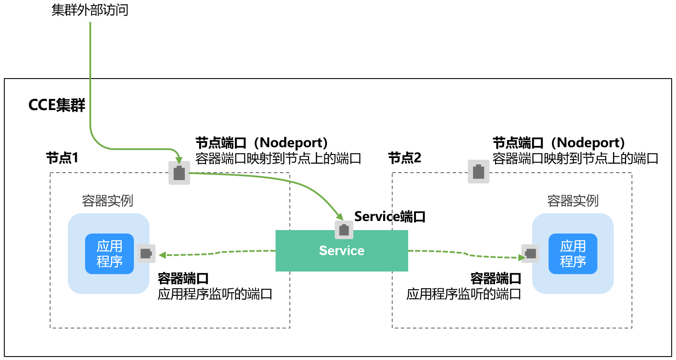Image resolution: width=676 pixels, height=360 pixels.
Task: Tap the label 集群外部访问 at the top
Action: [90, 9]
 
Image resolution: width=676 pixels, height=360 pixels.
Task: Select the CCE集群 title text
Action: [57, 105]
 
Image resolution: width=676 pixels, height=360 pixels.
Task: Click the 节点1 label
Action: [62, 158]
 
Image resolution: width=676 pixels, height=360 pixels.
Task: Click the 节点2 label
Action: [404, 158]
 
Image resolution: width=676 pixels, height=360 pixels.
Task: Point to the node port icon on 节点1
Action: [179, 173]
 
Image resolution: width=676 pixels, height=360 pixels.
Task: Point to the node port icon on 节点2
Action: [479, 172]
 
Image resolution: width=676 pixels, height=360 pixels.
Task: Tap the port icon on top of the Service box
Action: [344, 230]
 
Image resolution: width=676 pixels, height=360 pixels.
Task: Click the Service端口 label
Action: [390, 216]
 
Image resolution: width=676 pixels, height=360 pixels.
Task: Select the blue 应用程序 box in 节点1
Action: [109, 254]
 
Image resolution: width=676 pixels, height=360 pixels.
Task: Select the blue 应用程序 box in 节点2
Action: [573, 254]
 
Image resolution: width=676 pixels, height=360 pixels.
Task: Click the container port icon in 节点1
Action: [146, 253]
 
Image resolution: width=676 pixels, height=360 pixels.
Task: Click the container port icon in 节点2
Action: [530, 253]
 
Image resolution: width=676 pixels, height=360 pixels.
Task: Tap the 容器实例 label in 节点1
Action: [108, 201]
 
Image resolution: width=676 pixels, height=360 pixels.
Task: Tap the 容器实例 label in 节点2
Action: [573, 201]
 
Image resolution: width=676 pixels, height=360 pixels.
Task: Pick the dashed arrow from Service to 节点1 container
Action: [216, 253]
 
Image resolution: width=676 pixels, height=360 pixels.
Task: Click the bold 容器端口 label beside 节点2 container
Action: [495, 278]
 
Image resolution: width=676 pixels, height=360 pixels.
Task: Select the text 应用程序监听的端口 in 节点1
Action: [215, 294]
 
